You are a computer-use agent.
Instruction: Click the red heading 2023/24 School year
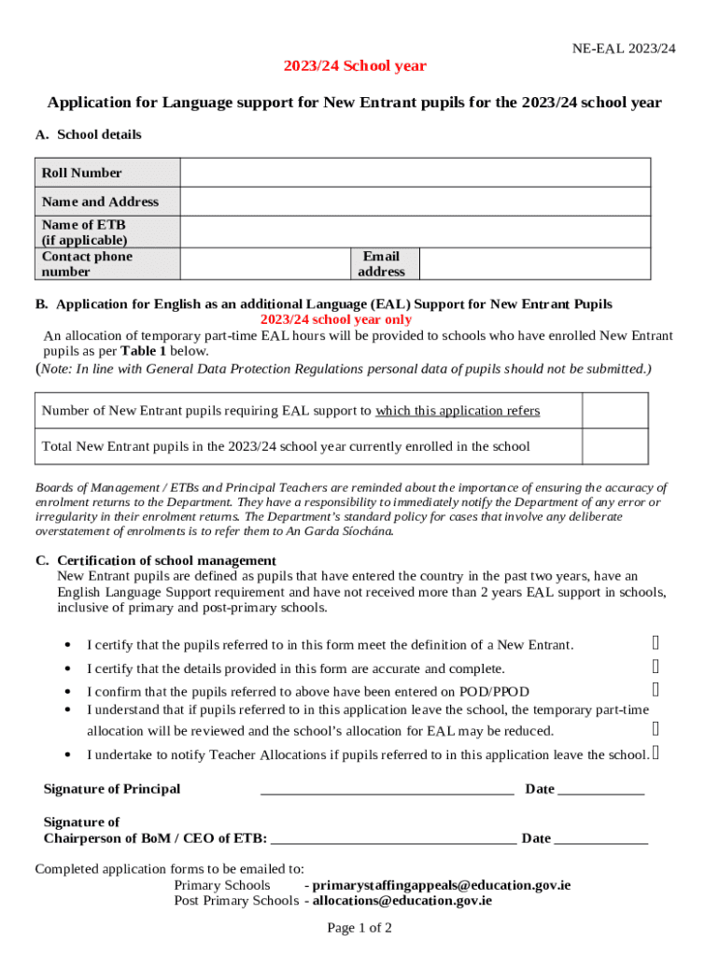[x=355, y=66]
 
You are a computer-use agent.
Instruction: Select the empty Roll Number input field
[x=415, y=173]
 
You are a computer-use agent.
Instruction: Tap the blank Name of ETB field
[x=415, y=232]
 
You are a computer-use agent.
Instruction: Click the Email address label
[x=382, y=263]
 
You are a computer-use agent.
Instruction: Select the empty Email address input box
[x=534, y=263]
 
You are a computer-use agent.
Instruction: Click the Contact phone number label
[x=87, y=263]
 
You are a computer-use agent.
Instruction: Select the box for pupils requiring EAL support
[x=614, y=411]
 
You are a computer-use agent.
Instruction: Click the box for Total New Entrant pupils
[x=614, y=446]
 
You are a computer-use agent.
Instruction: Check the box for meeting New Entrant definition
[x=656, y=642]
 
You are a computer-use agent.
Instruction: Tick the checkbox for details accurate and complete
[x=656, y=667]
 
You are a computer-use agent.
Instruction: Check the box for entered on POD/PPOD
[x=656, y=690]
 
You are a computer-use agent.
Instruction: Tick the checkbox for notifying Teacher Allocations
[x=656, y=752]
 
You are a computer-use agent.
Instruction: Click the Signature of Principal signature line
[x=387, y=791]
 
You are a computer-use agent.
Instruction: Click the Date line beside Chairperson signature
[x=600, y=840]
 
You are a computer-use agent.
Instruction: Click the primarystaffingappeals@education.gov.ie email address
[x=441, y=885]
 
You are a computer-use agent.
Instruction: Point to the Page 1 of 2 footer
[x=359, y=928]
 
